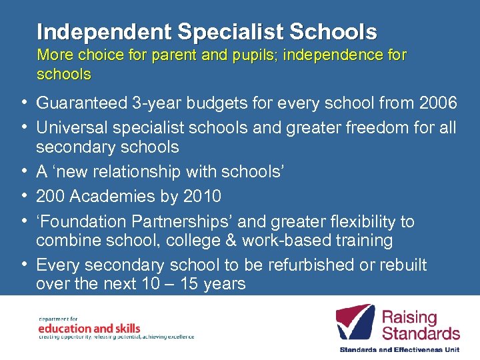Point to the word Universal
coord(69,127)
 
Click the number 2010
coord(202,196)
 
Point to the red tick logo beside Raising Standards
coord(355,323)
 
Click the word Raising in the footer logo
coord(409,318)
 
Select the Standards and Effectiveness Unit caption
coord(399,349)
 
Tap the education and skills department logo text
coord(89,328)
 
